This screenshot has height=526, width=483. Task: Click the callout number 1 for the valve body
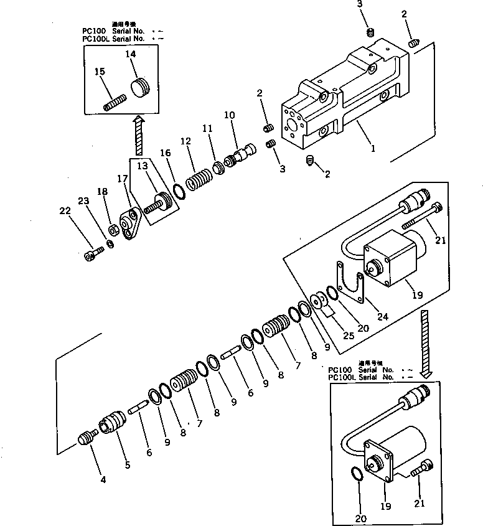pyautogui.click(x=372, y=149)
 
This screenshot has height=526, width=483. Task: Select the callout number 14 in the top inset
pyautogui.click(x=131, y=55)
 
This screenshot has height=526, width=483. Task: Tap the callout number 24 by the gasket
pyautogui.click(x=382, y=316)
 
